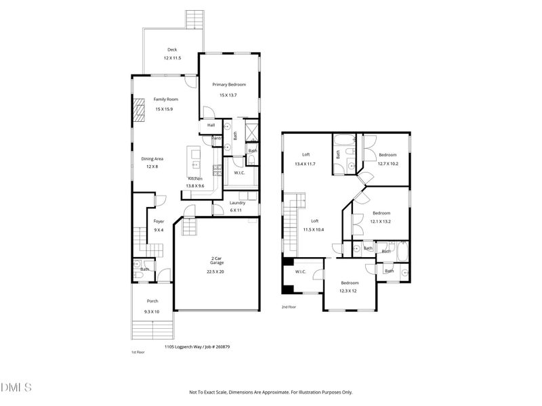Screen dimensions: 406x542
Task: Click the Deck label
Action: (172, 50)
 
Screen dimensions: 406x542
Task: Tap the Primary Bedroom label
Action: (229, 85)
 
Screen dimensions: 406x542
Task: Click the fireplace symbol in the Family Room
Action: (140, 110)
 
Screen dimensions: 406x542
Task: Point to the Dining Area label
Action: (152, 159)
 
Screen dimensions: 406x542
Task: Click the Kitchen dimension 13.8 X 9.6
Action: (195, 185)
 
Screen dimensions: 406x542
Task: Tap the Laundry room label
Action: (237, 203)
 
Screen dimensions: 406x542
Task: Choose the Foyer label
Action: (159, 221)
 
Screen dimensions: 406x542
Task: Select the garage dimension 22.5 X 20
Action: (215, 271)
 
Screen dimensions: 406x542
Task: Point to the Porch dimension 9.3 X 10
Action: (152, 311)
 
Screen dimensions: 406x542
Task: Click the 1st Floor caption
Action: (138, 353)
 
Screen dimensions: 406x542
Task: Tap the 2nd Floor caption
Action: (289, 307)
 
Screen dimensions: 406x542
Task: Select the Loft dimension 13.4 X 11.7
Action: (306, 164)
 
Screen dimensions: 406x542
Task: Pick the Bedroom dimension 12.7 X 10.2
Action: (388, 163)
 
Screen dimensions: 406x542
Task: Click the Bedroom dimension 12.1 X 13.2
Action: (380, 221)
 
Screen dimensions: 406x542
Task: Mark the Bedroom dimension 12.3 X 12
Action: (350, 290)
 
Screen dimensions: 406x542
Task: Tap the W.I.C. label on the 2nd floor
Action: (300, 272)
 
